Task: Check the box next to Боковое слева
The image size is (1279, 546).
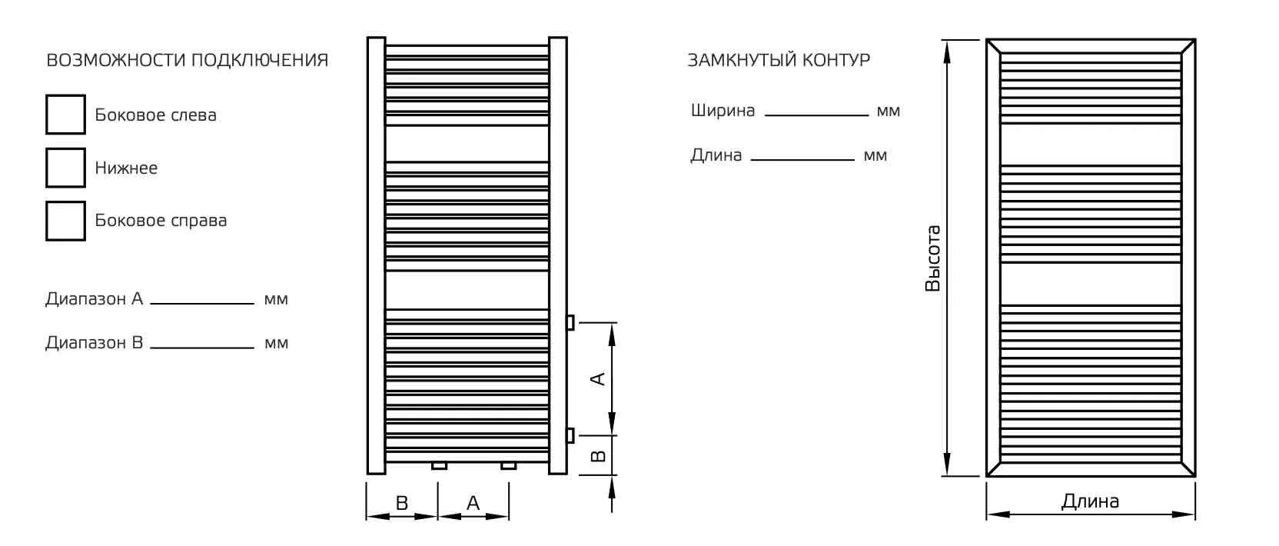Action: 65,115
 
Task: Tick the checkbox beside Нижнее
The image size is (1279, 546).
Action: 65,168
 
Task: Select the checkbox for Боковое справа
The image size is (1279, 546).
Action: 65,221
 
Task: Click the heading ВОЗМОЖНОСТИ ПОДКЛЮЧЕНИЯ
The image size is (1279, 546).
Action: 188,60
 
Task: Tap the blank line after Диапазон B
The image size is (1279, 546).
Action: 202,346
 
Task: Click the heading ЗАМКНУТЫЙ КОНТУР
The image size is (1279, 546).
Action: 779,60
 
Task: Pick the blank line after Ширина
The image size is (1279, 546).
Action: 816,114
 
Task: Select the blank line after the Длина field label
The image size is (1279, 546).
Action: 802,158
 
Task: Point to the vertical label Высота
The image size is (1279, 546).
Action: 932,258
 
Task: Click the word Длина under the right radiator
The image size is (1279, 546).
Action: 1090,501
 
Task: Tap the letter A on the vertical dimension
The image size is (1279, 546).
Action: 598,378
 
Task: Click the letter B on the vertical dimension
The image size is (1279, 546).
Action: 600,455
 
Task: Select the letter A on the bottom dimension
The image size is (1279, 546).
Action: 473,503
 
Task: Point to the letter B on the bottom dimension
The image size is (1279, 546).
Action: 401,503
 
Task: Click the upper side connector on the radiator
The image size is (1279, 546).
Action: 570,322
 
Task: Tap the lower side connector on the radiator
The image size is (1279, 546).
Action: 570,436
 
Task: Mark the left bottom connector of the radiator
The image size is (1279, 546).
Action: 439,465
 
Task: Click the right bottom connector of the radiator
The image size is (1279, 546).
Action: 508,465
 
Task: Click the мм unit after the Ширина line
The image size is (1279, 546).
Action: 888,112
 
